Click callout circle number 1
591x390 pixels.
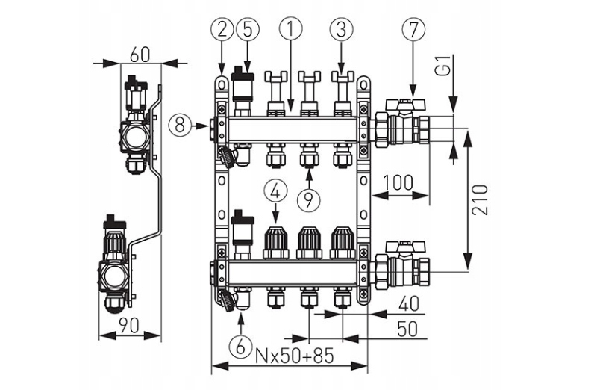[292, 30]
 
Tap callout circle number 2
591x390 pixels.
[222, 30]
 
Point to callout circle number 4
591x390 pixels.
[275, 191]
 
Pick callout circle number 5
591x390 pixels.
[247, 30]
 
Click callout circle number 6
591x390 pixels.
[240, 345]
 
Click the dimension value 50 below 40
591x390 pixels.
[406, 329]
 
